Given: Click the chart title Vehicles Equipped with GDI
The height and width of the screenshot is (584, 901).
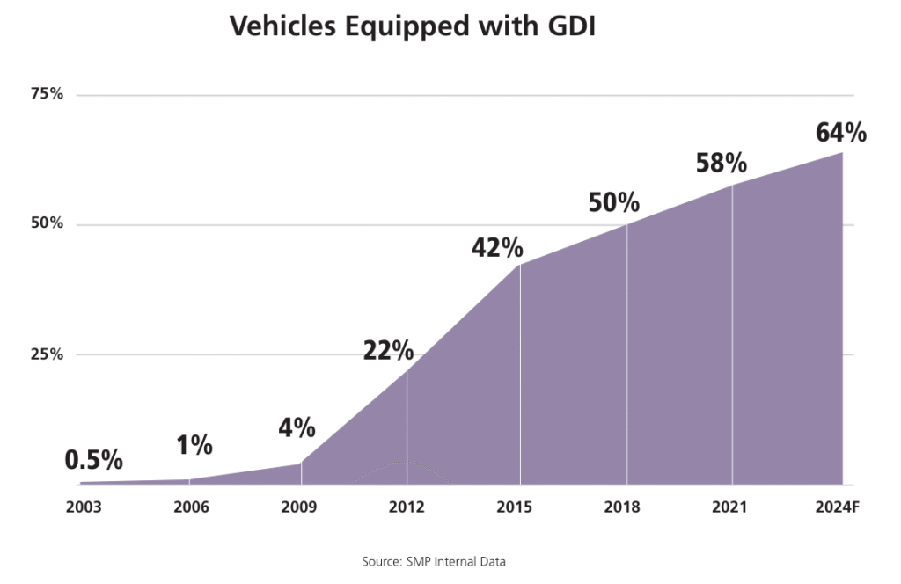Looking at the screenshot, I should (x=413, y=26).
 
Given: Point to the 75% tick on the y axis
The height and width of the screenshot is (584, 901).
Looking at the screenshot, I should (x=47, y=94).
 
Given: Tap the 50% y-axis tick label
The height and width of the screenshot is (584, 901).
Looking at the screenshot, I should (x=47, y=224).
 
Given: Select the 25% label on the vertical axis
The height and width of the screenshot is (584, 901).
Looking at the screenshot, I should (x=47, y=354).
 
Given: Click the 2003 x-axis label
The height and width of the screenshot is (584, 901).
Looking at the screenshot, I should (x=84, y=508).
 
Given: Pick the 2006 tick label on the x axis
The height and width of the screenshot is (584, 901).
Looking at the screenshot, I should (x=192, y=508).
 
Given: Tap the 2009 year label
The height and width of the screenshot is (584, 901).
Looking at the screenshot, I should (x=299, y=508).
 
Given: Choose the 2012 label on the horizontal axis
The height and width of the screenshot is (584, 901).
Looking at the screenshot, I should (x=407, y=508).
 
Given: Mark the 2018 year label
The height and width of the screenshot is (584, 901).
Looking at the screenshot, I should (x=622, y=508).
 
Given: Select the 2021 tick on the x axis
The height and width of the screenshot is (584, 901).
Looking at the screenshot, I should (x=729, y=508).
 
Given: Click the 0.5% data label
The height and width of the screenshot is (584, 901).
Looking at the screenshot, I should (x=94, y=461).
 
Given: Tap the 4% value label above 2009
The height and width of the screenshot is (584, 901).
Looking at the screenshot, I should (x=297, y=428).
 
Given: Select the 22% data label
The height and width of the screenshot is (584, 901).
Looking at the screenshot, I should (x=388, y=351).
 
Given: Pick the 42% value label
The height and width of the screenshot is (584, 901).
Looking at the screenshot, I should (x=497, y=248).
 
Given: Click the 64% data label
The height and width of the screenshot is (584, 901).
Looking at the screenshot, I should (x=841, y=133).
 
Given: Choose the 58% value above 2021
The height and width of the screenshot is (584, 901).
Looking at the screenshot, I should (x=721, y=164).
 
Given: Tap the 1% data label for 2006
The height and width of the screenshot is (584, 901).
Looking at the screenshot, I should (x=194, y=446).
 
